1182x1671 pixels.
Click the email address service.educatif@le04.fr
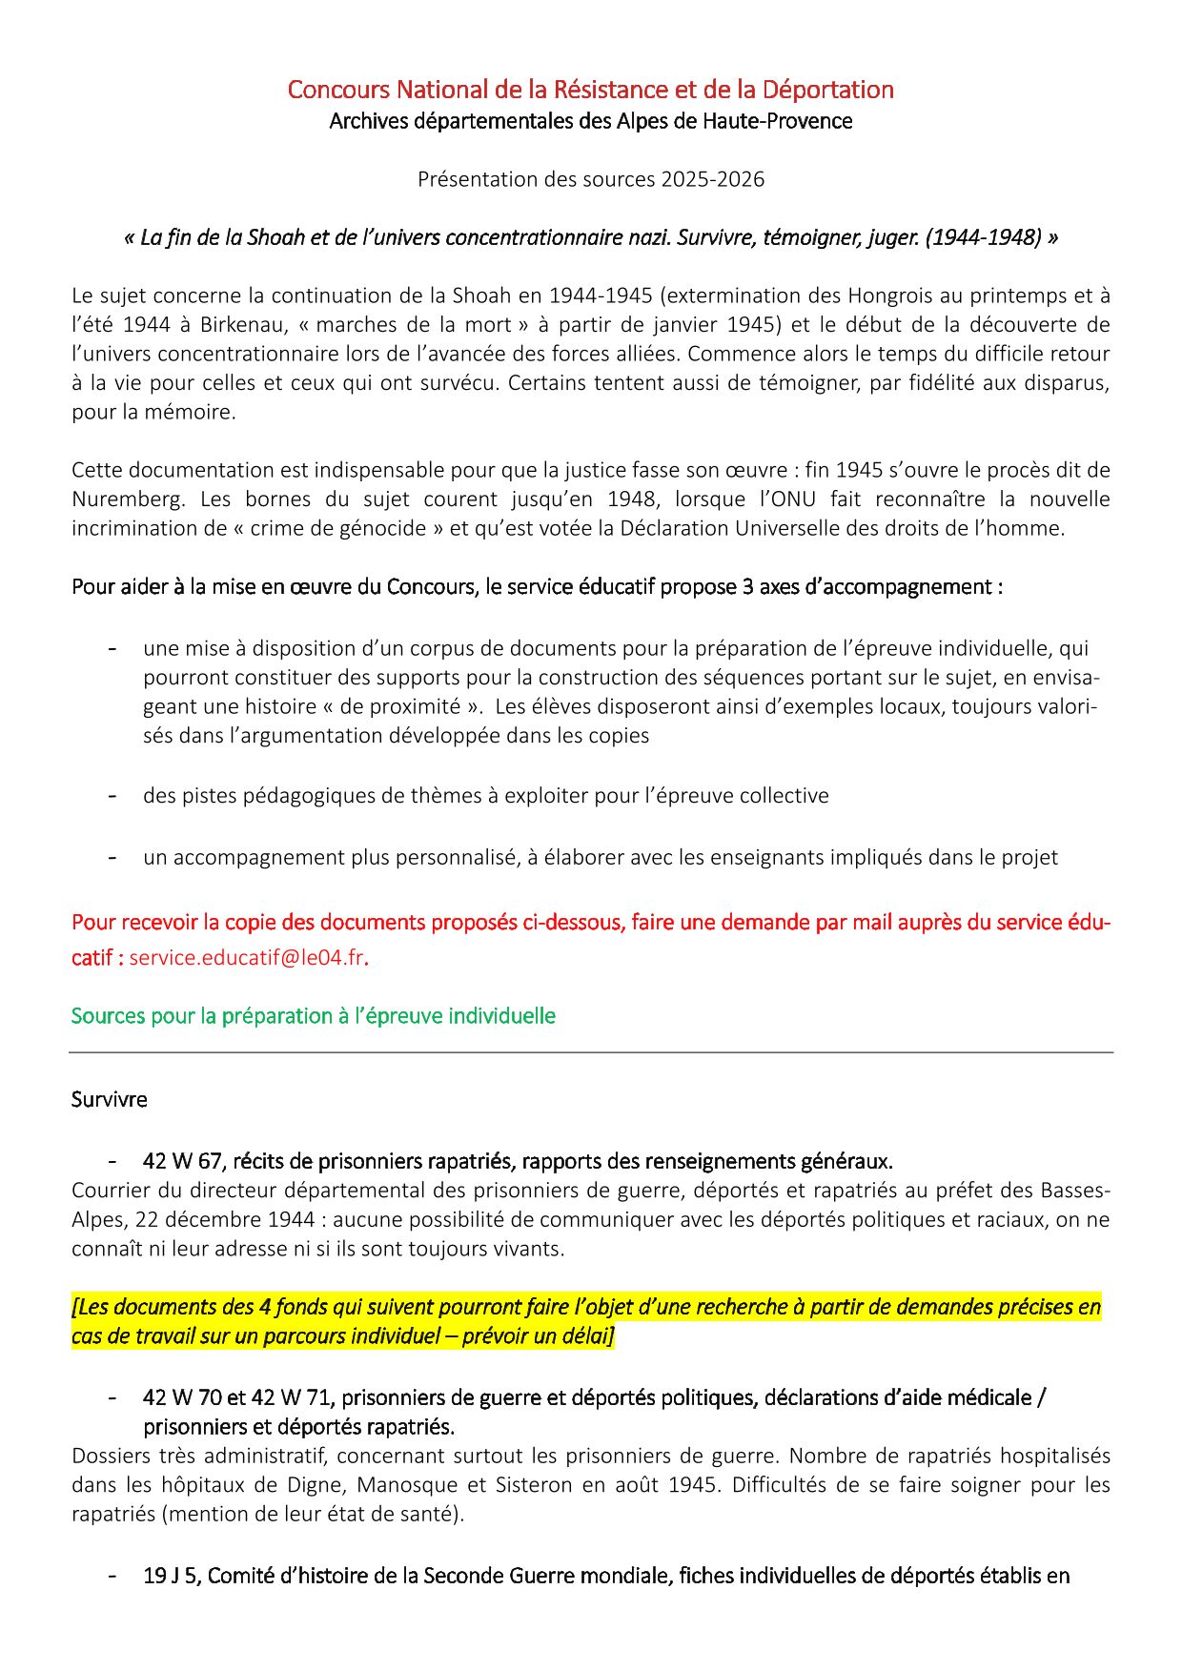click(x=246, y=958)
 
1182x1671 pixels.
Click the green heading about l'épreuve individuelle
click(x=313, y=1016)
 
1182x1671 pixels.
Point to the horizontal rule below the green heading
click(x=591, y=1052)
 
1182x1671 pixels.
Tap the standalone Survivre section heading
click(x=109, y=1099)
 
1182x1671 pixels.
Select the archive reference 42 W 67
click(x=182, y=1161)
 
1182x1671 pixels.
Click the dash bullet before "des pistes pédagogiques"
click(x=112, y=796)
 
